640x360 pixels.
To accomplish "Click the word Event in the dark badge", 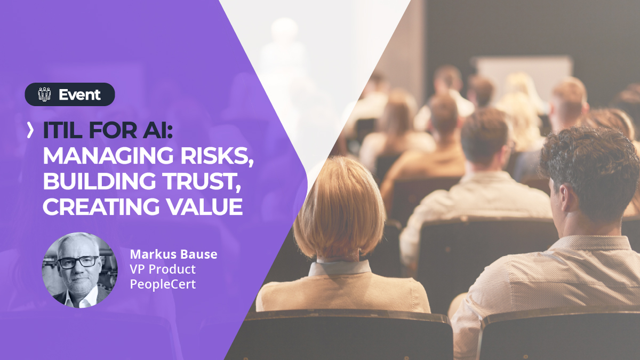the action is point(79,94).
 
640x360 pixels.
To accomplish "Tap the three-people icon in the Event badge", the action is point(45,94).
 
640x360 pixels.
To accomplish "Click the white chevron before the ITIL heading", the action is point(30,130).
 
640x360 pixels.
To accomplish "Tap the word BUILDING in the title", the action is point(99,181).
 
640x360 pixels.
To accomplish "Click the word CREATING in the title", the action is point(101,206).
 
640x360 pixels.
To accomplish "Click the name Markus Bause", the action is point(174,254).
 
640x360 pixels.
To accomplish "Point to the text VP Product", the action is point(163,269).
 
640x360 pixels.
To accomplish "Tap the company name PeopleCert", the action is point(163,284).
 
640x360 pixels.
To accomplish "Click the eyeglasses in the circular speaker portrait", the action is point(78,262).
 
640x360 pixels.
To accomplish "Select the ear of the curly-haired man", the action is point(565,198).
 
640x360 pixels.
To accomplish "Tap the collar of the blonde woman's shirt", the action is point(341,267).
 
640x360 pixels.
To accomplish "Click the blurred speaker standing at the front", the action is point(285,57).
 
